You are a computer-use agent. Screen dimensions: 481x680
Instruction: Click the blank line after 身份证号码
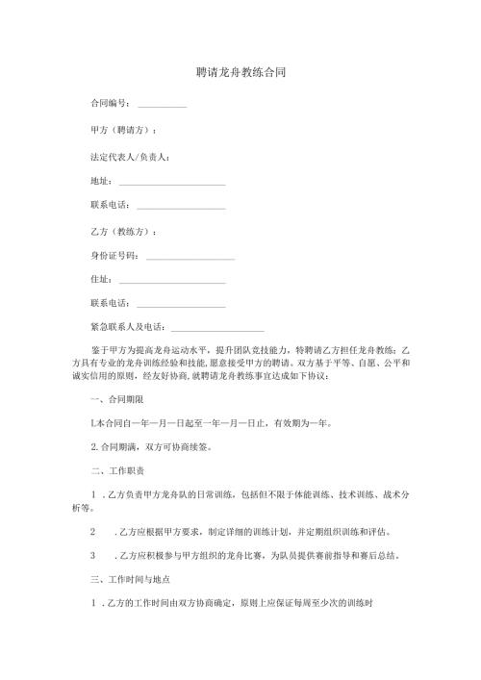(x=189, y=258)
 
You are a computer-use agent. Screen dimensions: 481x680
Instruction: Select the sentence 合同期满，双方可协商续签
(x=149, y=447)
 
